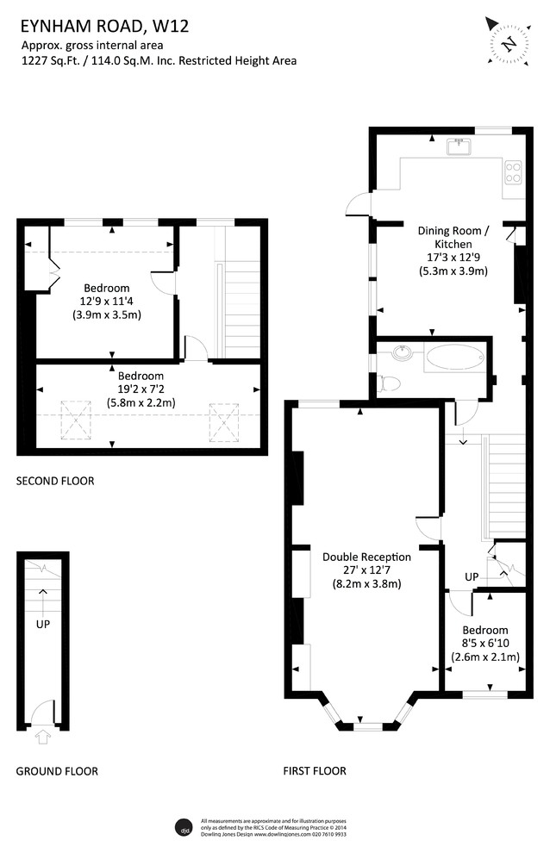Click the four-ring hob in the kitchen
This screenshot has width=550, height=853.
coord(514,172)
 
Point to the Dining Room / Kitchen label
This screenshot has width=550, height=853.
coord(453,237)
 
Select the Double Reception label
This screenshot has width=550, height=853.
coord(366,557)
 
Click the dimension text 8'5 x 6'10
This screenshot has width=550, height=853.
coord(484,644)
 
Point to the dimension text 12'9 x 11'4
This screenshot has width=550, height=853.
coord(106,301)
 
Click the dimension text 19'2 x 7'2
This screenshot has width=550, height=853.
coord(141,389)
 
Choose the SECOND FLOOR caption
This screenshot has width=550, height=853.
coord(55,481)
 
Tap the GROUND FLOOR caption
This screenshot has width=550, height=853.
coord(57,771)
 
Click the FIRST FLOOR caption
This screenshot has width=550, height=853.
coord(315,771)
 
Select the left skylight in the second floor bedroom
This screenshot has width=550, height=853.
coord(75,420)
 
